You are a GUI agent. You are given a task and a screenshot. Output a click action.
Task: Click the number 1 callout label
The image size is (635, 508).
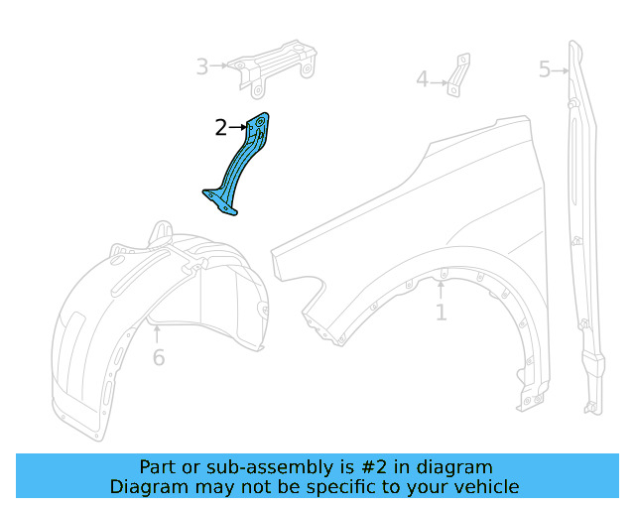click(441, 314)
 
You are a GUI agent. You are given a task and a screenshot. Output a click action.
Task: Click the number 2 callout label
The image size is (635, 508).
click(220, 127)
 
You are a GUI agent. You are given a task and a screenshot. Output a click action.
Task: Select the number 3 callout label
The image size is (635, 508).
click(202, 66)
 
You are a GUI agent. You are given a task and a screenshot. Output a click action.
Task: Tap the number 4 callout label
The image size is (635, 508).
click(422, 79)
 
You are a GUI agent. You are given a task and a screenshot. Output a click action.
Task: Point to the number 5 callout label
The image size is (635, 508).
click(545, 69)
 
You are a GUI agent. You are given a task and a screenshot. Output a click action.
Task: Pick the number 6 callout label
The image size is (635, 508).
click(159, 357)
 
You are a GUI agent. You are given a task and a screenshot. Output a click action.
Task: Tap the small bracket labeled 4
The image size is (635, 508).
click(456, 76)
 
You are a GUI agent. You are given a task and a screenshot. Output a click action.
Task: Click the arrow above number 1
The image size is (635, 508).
click(441, 290)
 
